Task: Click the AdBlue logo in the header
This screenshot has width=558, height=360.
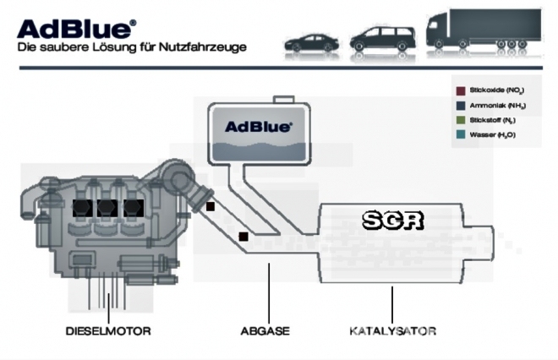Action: [x=75, y=28]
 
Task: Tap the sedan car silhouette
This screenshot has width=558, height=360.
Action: [x=312, y=41]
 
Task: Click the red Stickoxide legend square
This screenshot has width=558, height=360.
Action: [x=460, y=89]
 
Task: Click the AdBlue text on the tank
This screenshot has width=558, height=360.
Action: [x=259, y=127]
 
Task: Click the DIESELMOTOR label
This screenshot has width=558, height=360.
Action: [x=107, y=330]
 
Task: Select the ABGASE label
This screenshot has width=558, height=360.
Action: [x=265, y=330]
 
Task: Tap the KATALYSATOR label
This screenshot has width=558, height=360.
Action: [x=392, y=330]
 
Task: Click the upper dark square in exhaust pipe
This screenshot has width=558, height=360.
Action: [x=211, y=205]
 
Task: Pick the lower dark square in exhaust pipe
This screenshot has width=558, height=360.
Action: [x=243, y=237]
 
